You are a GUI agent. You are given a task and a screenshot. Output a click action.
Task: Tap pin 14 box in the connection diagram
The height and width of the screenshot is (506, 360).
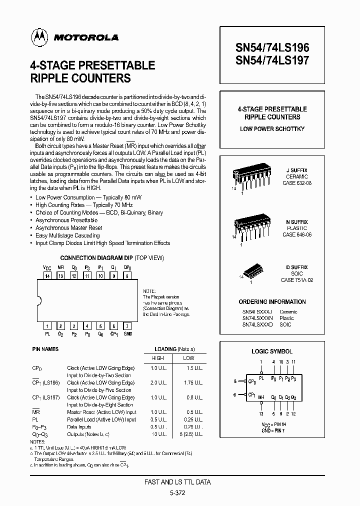click(x=47, y=275)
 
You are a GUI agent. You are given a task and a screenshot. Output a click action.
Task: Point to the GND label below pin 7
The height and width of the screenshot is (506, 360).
click(x=127, y=332)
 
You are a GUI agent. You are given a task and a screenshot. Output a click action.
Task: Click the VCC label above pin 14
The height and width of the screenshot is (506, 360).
click(x=47, y=268)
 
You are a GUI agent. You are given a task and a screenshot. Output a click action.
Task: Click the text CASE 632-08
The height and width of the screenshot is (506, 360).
click(x=297, y=183)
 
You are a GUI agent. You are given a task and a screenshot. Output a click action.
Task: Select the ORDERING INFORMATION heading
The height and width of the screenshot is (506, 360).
click(x=272, y=301)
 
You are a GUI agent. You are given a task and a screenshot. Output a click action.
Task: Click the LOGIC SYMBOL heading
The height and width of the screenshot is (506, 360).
click(x=272, y=351)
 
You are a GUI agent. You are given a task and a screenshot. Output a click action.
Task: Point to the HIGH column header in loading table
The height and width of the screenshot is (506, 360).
click(x=157, y=358)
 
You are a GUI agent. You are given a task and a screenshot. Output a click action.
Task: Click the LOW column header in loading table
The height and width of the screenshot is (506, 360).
click(x=188, y=358)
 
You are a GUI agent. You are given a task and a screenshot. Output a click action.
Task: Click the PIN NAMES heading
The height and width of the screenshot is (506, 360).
click(x=45, y=349)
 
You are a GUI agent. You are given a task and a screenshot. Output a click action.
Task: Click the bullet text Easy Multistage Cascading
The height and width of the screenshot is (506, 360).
click(x=68, y=235)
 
